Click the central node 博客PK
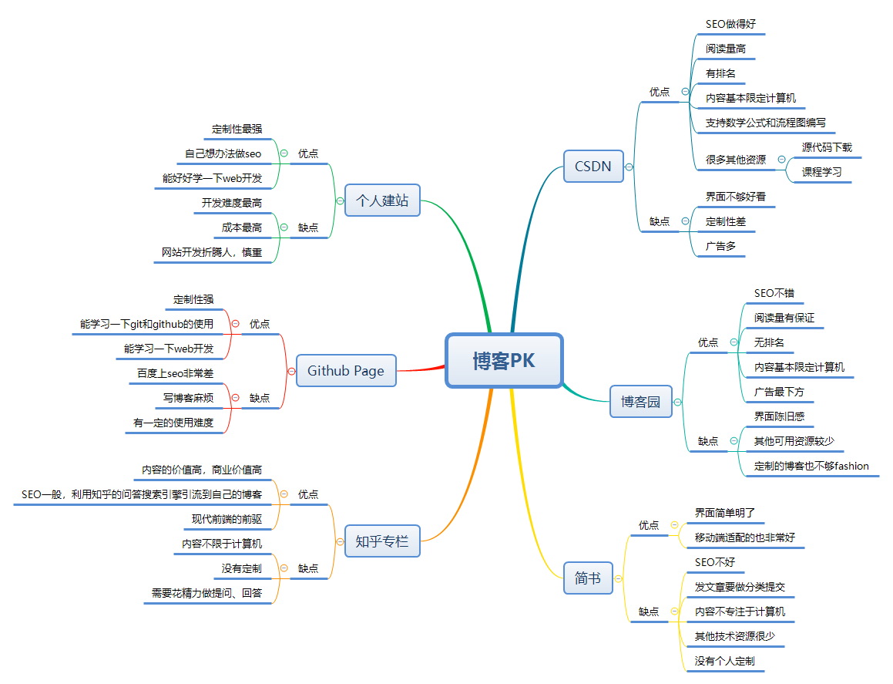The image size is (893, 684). pyautogui.click(x=504, y=360)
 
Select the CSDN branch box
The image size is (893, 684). pyautogui.click(x=593, y=166)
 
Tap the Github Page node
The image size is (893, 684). pyautogui.click(x=345, y=370)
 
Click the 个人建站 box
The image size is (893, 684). pyautogui.click(x=381, y=200)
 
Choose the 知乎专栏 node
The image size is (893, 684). pyautogui.click(x=381, y=541)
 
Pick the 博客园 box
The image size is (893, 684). pyautogui.click(x=640, y=401)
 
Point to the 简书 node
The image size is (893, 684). pyautogui.click(x=588, y=578)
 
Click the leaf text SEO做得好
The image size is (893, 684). pyautogui.click(x=730, y=24)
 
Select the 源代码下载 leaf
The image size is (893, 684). pyautogui.click(x=827, y=147)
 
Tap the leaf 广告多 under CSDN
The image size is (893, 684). pyautogui.click(x=721, y=246)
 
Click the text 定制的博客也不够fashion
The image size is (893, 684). pyautogui.click(x=811, y=466)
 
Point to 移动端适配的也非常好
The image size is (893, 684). pyautogui.click(x=744, y=537)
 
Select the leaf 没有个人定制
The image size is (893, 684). pyautogui.click(x=724, y=661)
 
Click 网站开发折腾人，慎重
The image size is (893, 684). pyautogui.click(x=212, y=252)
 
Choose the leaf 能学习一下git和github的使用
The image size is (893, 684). pyautogui.click(x=146, y=324)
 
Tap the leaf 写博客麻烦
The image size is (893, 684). pyautogui.click(x=188, y=398)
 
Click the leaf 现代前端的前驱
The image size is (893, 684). pyautogui.click(x=227, y=519)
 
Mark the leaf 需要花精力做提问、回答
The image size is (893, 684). pyautogui.click(x=206, y=593)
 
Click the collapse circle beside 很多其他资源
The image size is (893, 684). pyautogui.click(x=781, y=160)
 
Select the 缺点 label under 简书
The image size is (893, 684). pyautogui.click(x=649, y=612)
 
